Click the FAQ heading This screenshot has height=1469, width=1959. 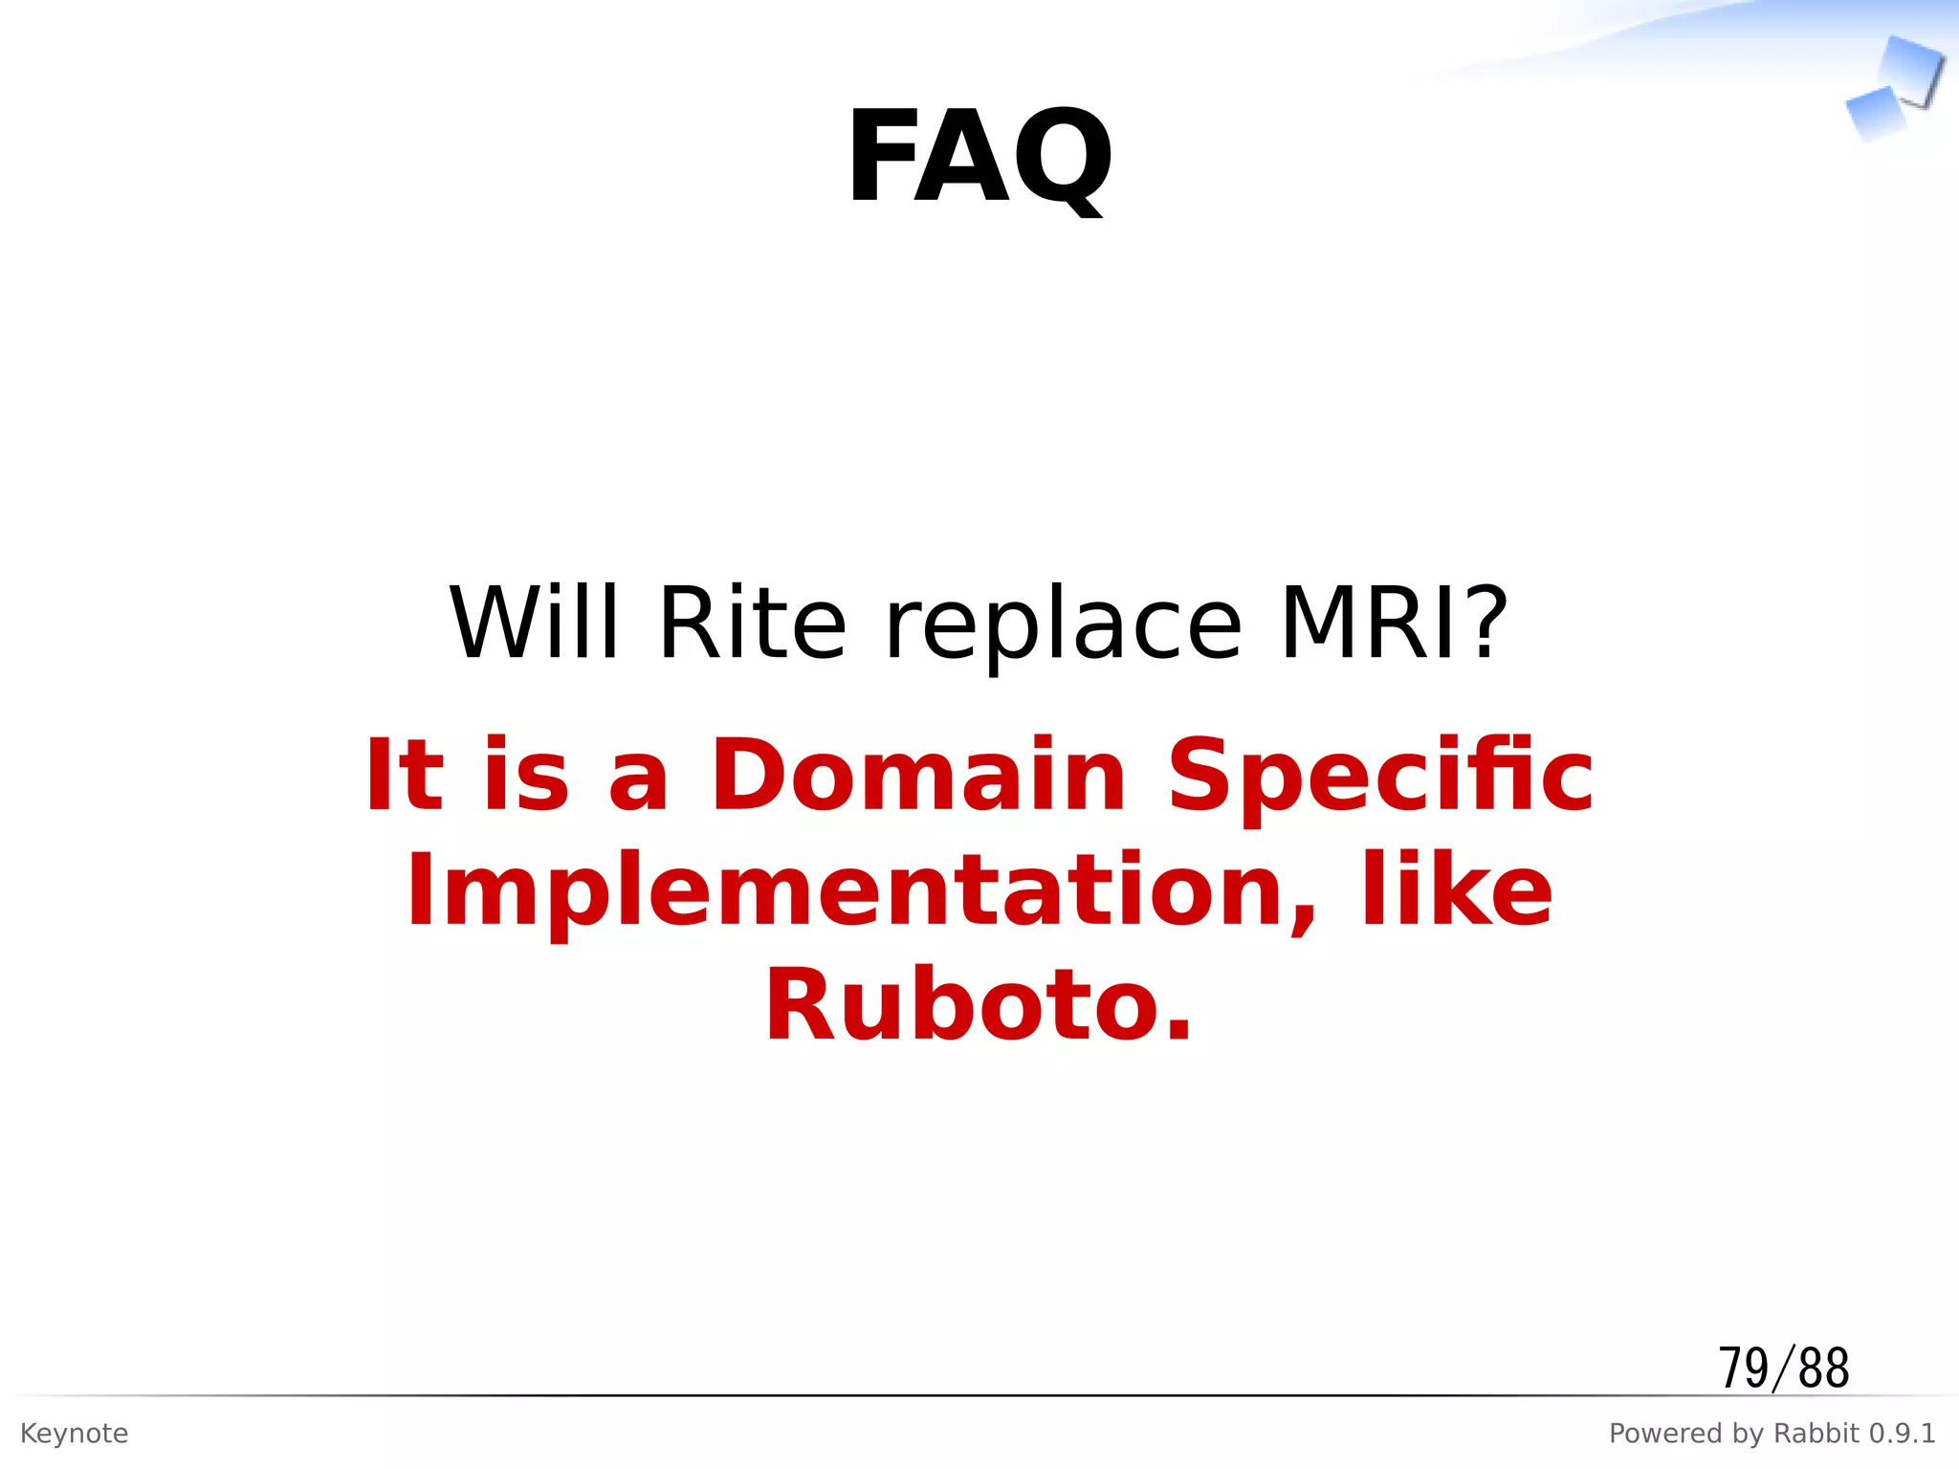[979, 157]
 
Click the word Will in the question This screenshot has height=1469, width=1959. [534, 624]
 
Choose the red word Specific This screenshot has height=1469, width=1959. [1380, 777]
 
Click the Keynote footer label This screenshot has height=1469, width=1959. [74, 1434]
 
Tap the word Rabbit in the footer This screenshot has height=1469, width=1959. [1816, 1434]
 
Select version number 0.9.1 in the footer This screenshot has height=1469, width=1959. [1902, 1434]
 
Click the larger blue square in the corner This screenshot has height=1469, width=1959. [1911, 69]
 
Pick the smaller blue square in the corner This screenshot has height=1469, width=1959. [1873, 113]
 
